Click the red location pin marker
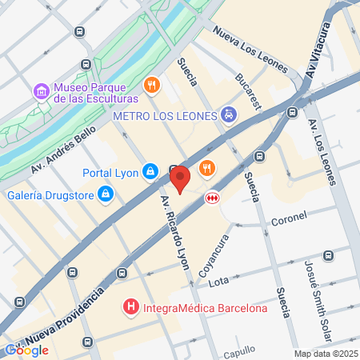coord(181,178)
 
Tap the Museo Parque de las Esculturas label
coord(95,93)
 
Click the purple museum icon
coord(42,93)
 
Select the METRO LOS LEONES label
coord(166,116)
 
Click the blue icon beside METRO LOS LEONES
coord(230,115)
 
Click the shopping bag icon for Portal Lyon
coord(150,171)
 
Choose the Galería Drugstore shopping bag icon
coord(105,194)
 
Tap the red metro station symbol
coord(213,198)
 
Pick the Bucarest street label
coord(250,91)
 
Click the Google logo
coord(26,350)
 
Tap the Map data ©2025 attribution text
coord(325,354)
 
